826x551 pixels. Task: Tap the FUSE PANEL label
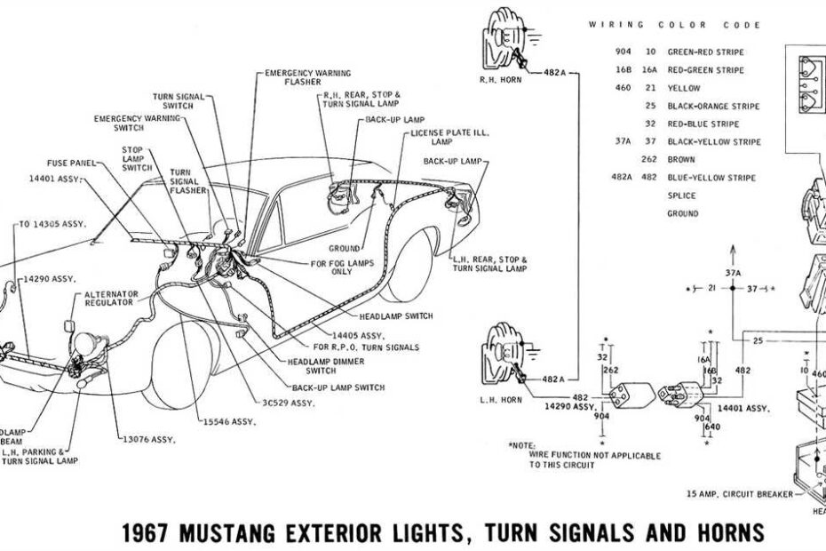(71, 164)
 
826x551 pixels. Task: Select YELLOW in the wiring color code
(684, 88)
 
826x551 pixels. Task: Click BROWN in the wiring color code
(682, 160)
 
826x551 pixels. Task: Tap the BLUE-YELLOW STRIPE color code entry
(711, 178)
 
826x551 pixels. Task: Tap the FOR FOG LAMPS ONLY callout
(343, 268)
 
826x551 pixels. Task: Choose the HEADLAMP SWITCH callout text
(394, 315)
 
